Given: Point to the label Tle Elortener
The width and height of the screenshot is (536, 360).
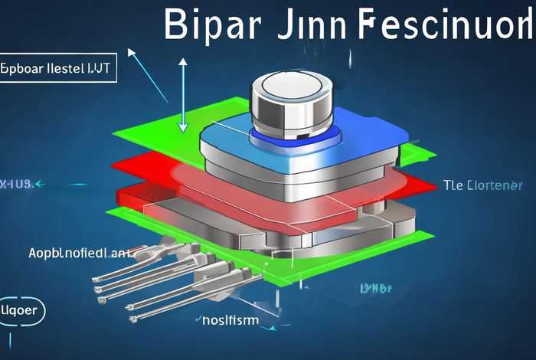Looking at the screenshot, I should pos(483,185).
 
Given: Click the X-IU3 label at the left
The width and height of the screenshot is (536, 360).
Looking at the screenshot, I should pos(15,184).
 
